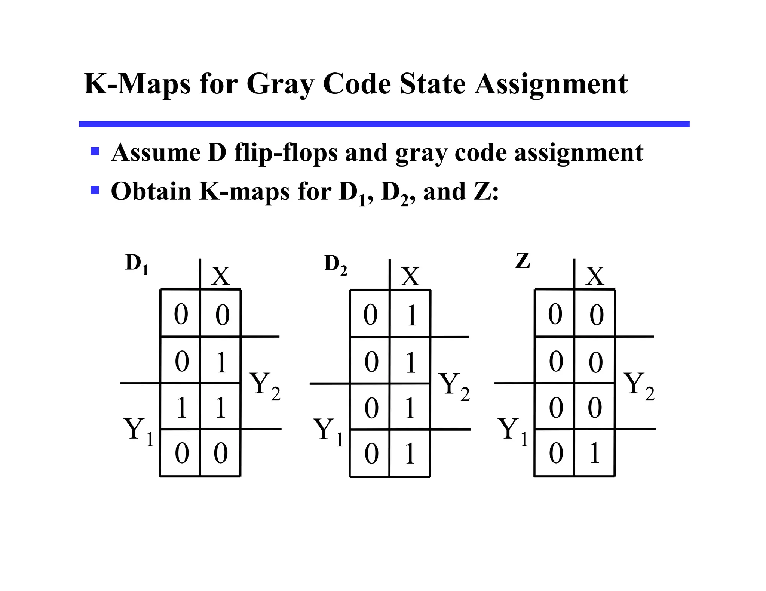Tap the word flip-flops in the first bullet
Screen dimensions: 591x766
click(286, 153)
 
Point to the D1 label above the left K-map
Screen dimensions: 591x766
click(137, 264)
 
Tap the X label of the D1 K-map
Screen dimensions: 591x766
click(220, 276)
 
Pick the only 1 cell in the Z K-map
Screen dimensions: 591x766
click(594, 453)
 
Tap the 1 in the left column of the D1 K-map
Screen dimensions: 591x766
click(182, 407)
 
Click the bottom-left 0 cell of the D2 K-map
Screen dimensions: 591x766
click(371, 454)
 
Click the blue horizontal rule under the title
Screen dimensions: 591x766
click(384, 124)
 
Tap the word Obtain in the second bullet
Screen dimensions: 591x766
click(151, 191)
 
